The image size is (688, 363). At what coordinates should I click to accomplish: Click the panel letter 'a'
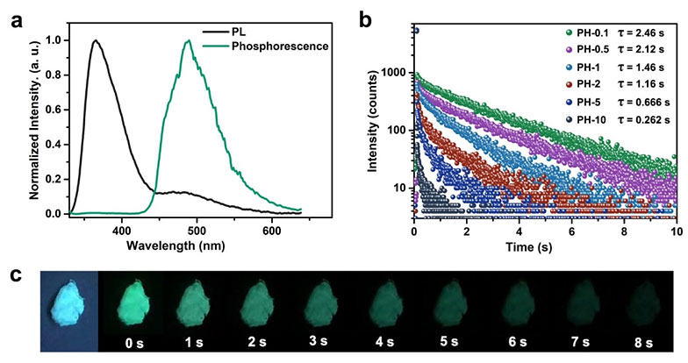pos(15,17)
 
